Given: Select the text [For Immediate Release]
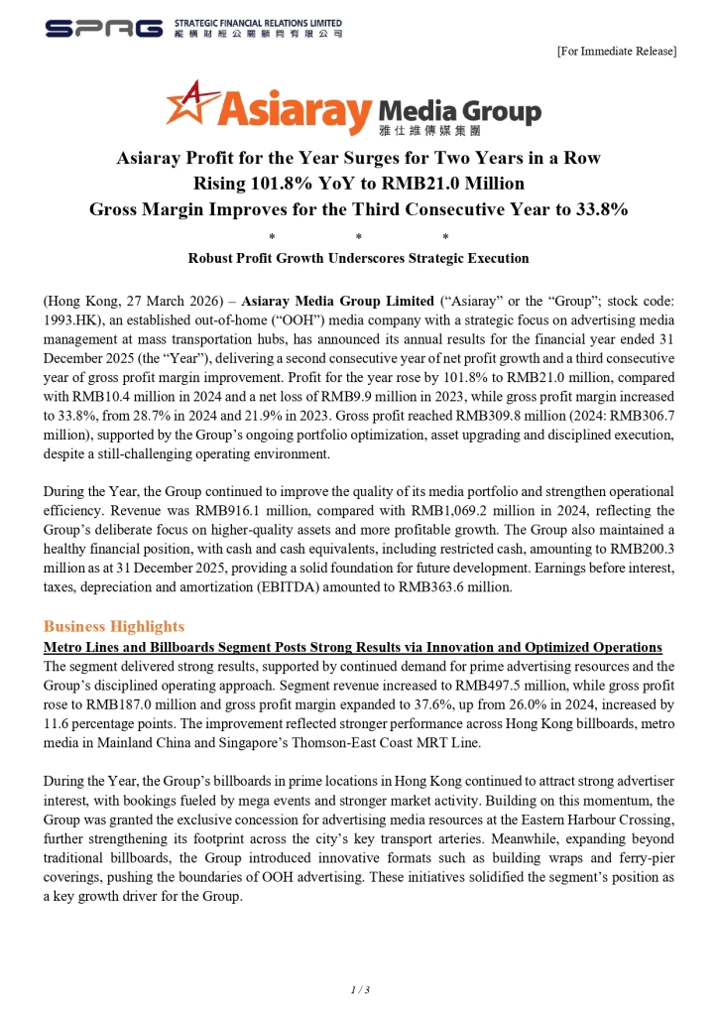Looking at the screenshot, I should (617, 51).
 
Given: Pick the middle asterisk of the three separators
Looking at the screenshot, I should (359, 237).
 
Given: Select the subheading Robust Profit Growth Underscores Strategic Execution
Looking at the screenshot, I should (358, 259).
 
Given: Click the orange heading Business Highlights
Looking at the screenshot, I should (114, 626).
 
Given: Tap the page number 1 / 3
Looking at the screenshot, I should (359, 989).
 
